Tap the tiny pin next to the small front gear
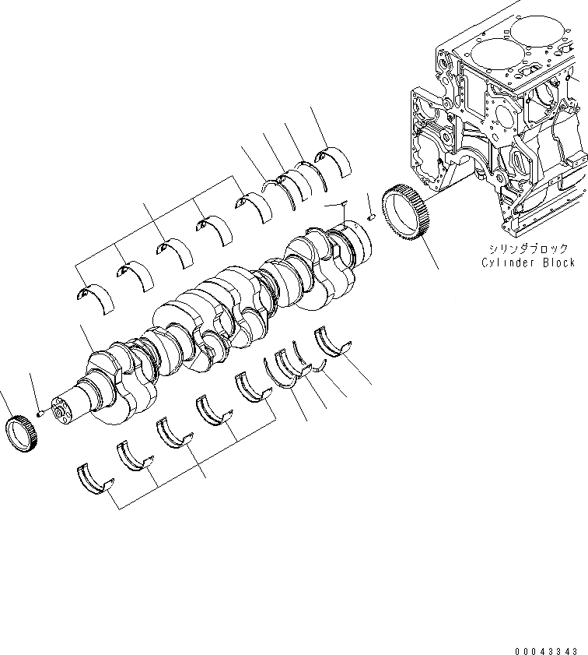(x=40, y=414)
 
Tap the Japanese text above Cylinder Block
(x=528, y=248)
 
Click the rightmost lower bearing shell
(x=332, y=343)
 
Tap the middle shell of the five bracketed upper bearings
(x=173, y=252)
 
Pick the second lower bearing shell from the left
(x=134, y=456)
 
